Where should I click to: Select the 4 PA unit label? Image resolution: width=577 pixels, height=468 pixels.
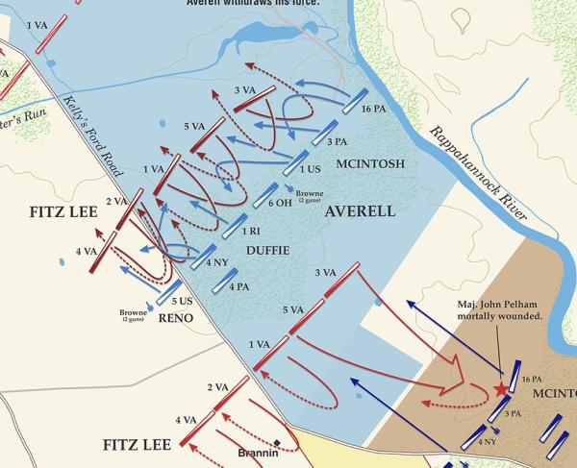[238, 285]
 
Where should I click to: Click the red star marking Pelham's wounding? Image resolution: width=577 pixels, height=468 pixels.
[500, 389]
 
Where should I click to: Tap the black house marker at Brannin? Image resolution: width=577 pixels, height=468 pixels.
[277, 443]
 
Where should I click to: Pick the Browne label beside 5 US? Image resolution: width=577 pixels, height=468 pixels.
[134, 313]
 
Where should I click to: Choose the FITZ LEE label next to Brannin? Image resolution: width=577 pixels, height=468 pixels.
[136, 445]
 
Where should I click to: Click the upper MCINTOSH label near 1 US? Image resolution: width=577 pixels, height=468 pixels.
[368, 164]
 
